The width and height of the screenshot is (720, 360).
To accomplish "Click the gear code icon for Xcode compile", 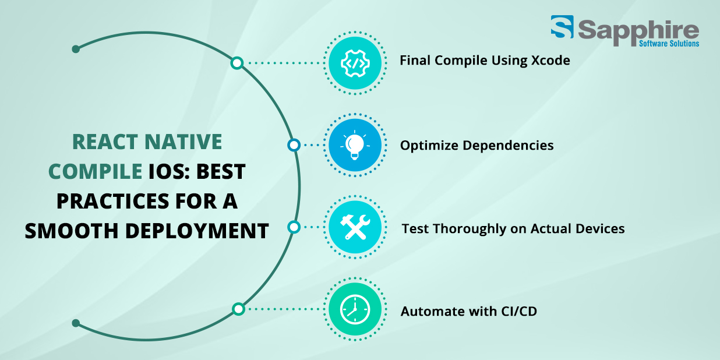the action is tap(355, 63).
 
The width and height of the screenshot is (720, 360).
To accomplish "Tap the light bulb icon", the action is tap(355, 144).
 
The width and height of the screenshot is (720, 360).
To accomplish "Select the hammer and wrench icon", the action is tap(355, 227).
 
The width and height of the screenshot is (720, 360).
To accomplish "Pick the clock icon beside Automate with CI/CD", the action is tap(355, 309).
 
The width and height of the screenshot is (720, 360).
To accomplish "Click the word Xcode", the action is tap(550, 61).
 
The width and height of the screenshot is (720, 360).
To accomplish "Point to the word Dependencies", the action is tap(508, 146).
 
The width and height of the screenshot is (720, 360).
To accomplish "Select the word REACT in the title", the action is tap(105, 142).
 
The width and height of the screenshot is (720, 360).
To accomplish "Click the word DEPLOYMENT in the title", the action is tap(197, 231).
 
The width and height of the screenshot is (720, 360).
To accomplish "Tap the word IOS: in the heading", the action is tap(169, 171).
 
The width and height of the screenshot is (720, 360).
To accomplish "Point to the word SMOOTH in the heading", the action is tap(72, 231).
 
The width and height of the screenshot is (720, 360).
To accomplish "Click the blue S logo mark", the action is tap(562, 26).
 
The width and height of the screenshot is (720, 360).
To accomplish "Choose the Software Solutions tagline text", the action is tap(669, 43).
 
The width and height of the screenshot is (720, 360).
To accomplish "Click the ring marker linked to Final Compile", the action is tap(237, 63).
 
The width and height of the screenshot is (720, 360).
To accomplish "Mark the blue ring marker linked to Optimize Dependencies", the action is tap(294, 145).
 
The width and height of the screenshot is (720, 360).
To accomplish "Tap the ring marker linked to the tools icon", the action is tap(294, 227).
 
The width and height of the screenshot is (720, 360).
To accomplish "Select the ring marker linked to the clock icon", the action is tap(238, 309).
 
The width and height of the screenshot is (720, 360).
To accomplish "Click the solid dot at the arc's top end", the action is tap(76, 49).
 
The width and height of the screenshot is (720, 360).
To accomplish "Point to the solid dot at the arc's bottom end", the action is tap(76, 323).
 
